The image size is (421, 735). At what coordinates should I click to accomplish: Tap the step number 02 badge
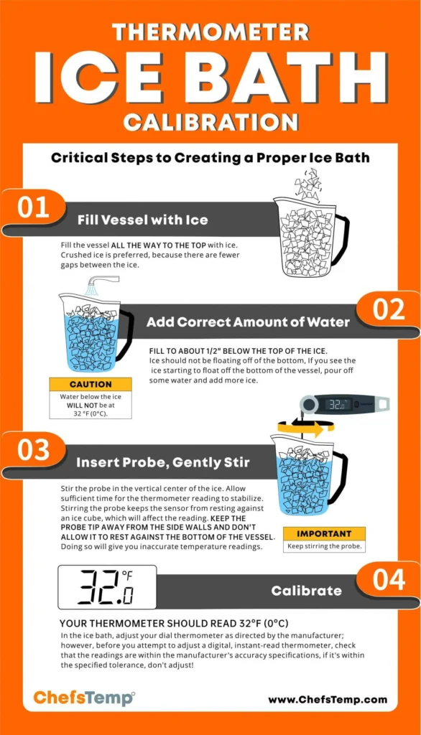click(389, 310)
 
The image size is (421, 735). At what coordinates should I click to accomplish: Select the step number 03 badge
click(33, 450)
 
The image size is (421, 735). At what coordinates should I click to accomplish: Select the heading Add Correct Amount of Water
click(249, 322)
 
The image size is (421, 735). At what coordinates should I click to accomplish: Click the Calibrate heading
click(307, 591)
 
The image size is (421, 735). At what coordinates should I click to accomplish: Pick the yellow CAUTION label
click(91, 385)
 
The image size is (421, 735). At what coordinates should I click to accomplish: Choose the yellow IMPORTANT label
click(323, 534)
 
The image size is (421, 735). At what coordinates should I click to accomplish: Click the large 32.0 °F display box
click(107, 587)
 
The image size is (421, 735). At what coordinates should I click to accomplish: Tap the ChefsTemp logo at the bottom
click(84, 698)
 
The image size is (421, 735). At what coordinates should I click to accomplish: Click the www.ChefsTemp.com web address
click(327, 699)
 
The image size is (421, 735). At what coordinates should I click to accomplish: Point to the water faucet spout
click(101, 284)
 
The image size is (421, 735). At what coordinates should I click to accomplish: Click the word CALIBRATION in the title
click(210, 120)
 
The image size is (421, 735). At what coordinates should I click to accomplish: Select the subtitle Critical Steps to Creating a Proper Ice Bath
click(210, 158)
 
